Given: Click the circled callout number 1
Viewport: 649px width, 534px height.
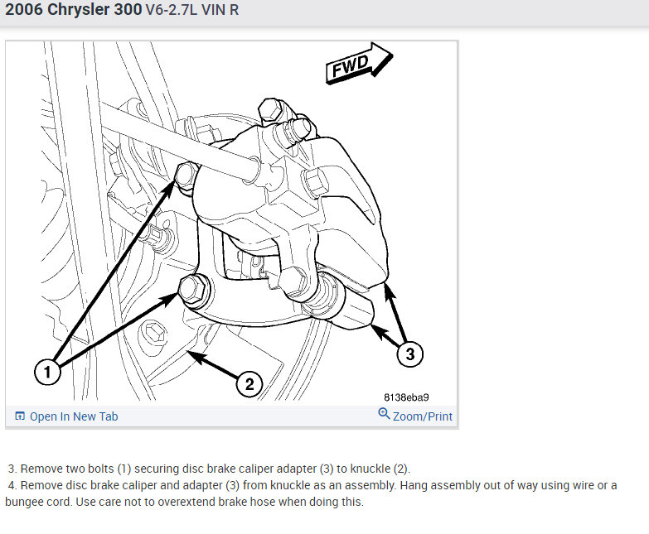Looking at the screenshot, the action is click(x=47, y=372).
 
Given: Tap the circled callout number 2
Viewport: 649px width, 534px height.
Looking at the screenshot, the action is click(x=249, y=384).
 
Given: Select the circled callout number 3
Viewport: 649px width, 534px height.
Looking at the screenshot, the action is click(x=409, y=354).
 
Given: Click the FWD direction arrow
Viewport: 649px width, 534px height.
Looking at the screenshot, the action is click(x=359, y=63).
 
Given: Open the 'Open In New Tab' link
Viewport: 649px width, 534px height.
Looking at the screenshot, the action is click(x=74, y=416).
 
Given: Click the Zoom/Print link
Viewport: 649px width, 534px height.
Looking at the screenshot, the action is click(x=422, y=416).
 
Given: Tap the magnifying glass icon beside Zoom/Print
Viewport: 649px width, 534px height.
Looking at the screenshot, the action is click(x=384, y=413).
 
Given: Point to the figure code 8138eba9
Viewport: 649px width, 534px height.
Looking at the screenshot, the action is click(x=406, y=397).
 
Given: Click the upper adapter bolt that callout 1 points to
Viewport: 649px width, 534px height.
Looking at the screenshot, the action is click(x=186, y=176).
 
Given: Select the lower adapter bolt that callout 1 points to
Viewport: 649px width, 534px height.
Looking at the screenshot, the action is click(x=193, y=289).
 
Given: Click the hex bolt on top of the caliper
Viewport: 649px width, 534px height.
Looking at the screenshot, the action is click(x=271, y=110).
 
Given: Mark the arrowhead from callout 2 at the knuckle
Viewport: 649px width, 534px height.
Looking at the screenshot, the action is click(x=194, y=356).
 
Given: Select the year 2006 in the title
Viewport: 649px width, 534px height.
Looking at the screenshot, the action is click(x=24, y=9).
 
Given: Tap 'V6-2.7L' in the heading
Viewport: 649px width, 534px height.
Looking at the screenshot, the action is click(x=172, y=10).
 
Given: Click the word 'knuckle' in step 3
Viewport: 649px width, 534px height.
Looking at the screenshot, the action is click(x=371, y=469).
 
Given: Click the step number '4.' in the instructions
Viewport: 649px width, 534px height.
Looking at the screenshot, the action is click(x=12, y=485).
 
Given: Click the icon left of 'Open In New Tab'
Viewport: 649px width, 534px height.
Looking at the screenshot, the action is click(x=19, y=416).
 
